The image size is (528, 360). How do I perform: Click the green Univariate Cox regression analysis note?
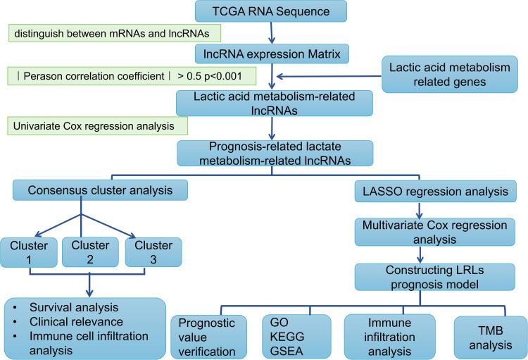click(x=97, y=127)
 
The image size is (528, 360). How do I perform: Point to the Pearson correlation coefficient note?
click(x=130, y=75)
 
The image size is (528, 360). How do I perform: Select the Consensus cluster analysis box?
click(x=100, y=190)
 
